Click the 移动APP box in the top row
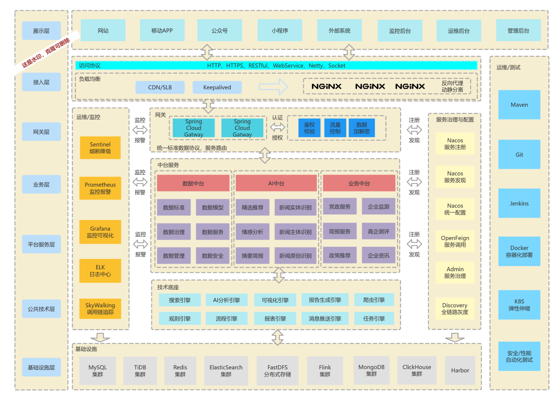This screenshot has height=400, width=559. point(162,30)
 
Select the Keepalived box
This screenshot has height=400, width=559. point(217,87)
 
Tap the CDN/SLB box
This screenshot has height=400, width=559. point(160,87)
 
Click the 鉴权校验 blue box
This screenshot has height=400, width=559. point(309,128)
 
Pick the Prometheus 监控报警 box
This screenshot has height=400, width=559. point(100,188)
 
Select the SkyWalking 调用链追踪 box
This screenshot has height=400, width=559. point(100,309)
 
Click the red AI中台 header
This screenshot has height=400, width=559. point(276,183)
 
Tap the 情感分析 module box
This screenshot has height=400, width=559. point(252,232)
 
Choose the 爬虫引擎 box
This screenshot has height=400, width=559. point(374,300)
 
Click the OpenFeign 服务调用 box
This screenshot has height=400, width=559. point(455,241)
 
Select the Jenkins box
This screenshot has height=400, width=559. point(519,203)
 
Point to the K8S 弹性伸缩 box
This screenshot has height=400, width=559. point(519,305)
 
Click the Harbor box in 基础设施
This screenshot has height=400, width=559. point(460,370)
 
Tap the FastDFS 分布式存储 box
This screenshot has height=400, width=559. point(278,371)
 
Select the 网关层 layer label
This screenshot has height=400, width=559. point(41,132)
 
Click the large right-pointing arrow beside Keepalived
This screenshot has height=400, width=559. point(273,87)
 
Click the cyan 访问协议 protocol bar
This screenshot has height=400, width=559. point(276,66)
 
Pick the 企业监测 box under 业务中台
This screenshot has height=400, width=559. point(378,206)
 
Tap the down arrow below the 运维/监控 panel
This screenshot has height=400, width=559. point(100,337)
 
